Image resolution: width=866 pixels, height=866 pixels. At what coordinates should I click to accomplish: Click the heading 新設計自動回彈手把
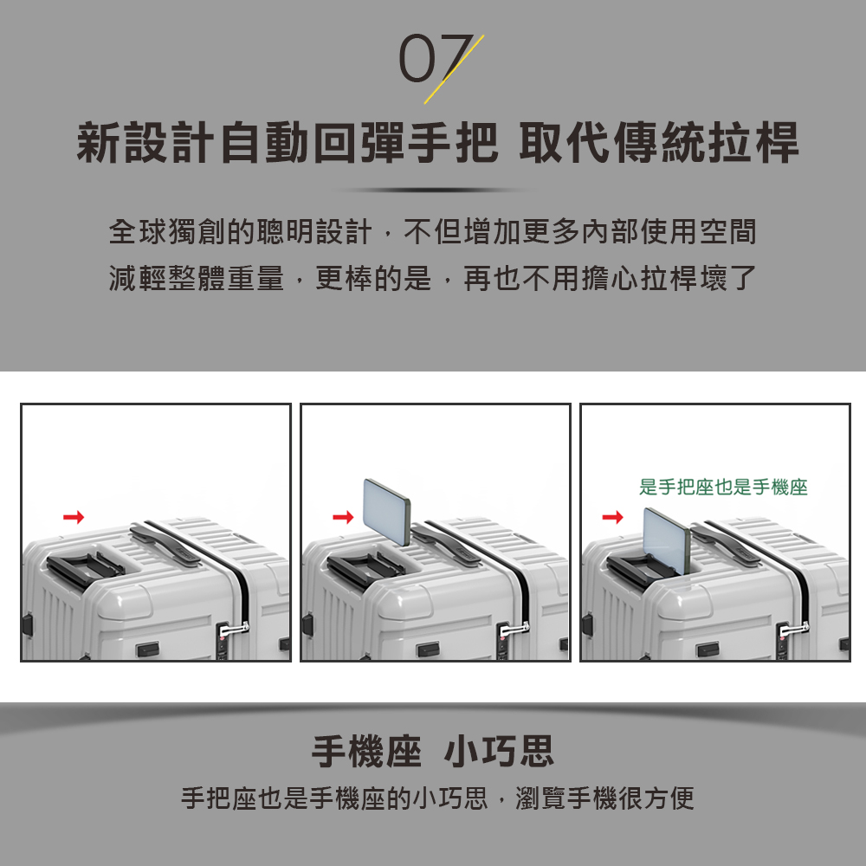[x=287, y=144]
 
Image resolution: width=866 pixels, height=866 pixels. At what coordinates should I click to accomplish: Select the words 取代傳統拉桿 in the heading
[x=658, y=144]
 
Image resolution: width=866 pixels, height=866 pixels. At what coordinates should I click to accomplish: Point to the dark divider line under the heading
[x=433, y=191]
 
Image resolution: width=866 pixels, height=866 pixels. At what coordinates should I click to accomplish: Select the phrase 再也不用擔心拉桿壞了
[x=611, y=278]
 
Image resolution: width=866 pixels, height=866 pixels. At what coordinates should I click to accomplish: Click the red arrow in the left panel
[x=74, y=518]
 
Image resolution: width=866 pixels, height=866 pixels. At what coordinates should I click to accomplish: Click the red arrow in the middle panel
[x=344, y=518]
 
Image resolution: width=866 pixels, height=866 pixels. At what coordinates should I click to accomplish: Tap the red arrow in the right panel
[x=613, y=518]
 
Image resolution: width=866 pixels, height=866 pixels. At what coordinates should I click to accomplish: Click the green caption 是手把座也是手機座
[x=723, y=488]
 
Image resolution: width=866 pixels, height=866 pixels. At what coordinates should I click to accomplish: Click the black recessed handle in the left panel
[x=85, y=566]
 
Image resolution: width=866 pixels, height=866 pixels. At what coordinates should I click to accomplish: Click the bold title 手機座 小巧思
[x=433, y=752]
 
